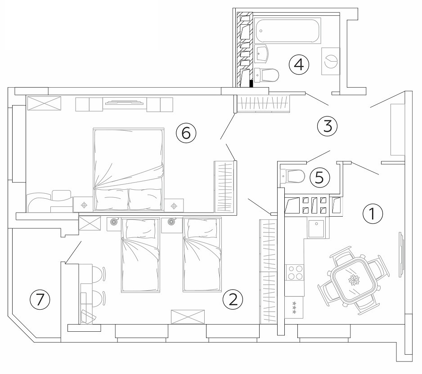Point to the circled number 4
299,65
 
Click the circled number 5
319,178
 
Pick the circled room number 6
186,133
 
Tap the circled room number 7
40,299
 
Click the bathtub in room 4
288,30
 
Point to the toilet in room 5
292,177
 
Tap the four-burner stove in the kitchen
295,273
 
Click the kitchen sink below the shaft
317,228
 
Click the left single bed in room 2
140,255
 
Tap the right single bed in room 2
202,254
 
